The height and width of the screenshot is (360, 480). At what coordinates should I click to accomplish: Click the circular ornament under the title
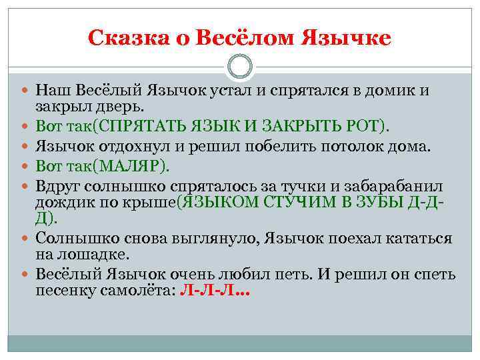pos(240,67)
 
